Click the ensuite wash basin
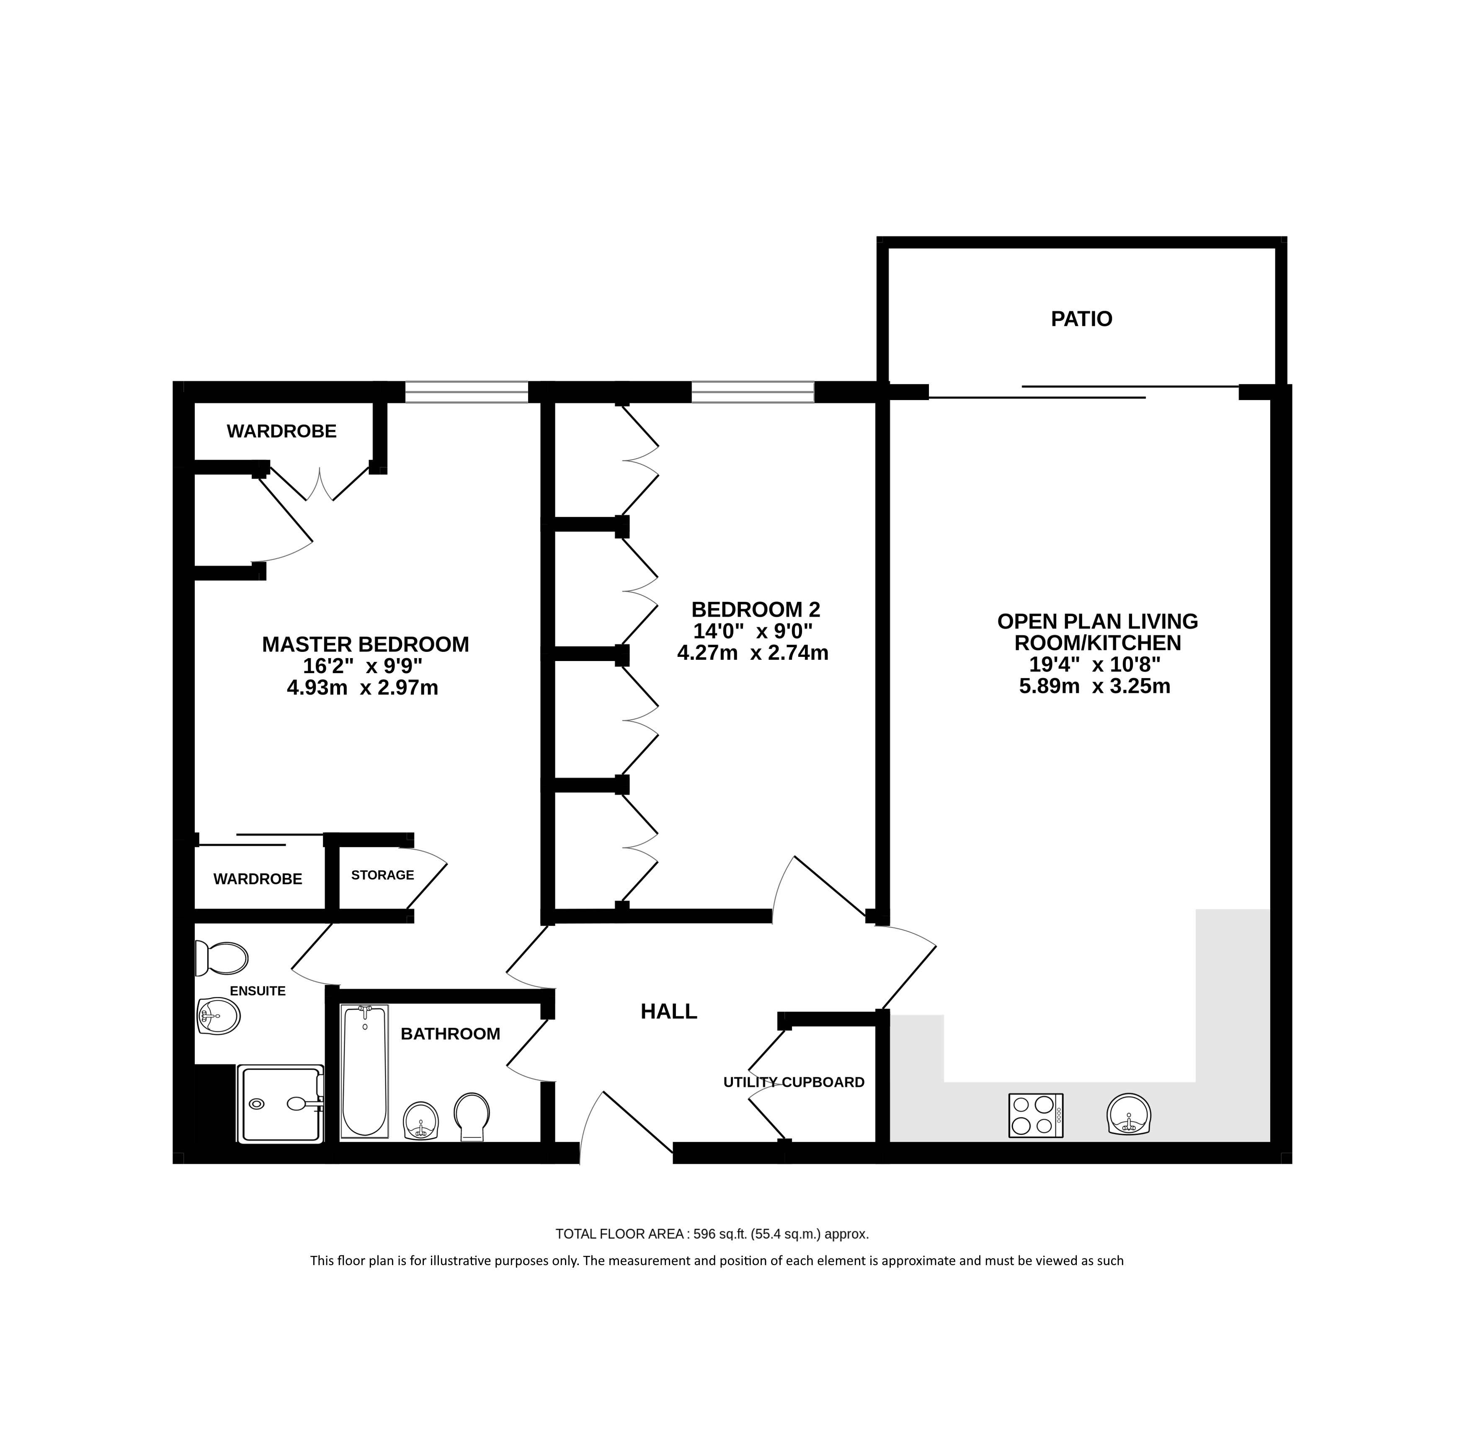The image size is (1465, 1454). click(x=218, y=1015)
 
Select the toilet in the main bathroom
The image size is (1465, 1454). click(x=472, y=1116)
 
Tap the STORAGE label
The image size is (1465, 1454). click(x=382, y=875)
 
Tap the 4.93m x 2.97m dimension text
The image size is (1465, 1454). click(x=362, y=688)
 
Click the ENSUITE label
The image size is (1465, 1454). click(x=258, y=992)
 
